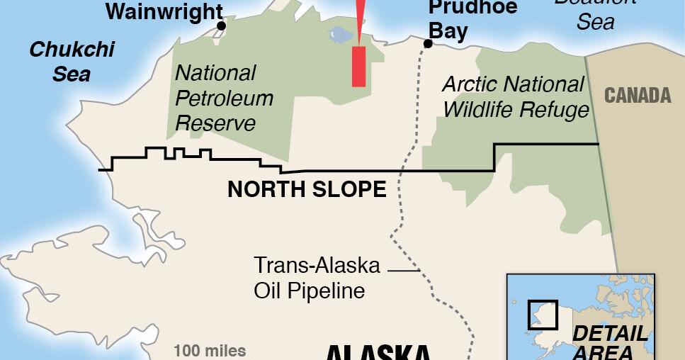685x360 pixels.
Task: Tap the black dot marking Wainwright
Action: pyautogui.click(x=221, y=26)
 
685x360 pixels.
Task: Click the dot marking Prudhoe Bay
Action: pyautogui.click(x=428, y=44)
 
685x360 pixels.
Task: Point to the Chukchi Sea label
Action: pyautogui.click(x=72, y=61)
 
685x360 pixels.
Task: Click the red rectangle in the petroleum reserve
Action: pyautogui.click(x=359, y=67)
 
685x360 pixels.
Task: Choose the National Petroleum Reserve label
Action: pyautogui.click(x=223, y=97)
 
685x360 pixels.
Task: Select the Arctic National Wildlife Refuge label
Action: pyautogui.click(x=515, y=96)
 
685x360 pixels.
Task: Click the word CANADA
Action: pyautogui.click(x=638, y=96)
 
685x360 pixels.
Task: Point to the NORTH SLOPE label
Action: pyautogui.click(x=307, y=189)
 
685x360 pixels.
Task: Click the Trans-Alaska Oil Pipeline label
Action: pyautogui.click(x=317, y=279)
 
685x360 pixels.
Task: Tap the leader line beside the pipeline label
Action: pyautogui.click(x=404, y=270)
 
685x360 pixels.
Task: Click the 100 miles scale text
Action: pyautogui.click(x=210, y=350)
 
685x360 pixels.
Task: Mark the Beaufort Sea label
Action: pyautogui.click(x=595, y=13)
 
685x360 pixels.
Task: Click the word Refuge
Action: pyautogui.click(x=554, y=110)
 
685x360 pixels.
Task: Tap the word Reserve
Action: pyautogui.click(x=215, y=123)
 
